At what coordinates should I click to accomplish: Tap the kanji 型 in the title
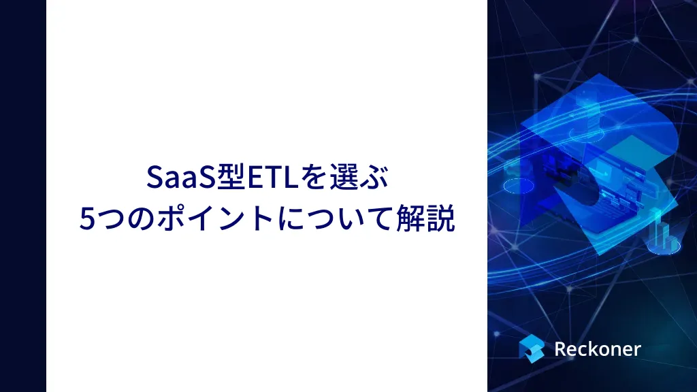[x=230, y=177]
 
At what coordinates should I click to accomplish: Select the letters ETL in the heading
[x=272, y=177]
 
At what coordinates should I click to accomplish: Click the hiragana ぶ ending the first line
[x=375, y=177]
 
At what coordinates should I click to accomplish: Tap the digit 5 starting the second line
[x=86, y=218]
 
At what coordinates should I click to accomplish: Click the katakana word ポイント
[x=216, y=218]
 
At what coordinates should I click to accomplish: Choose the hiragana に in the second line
[x=291, y=218]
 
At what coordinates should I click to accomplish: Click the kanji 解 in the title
[x=410, y=218]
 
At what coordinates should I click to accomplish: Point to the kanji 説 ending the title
[x=441, y=218]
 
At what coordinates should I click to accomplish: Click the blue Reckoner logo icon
[x=532, y=348]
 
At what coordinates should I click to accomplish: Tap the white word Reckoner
[x=598, y=349]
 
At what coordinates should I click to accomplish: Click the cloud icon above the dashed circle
[x=515, y=171]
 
